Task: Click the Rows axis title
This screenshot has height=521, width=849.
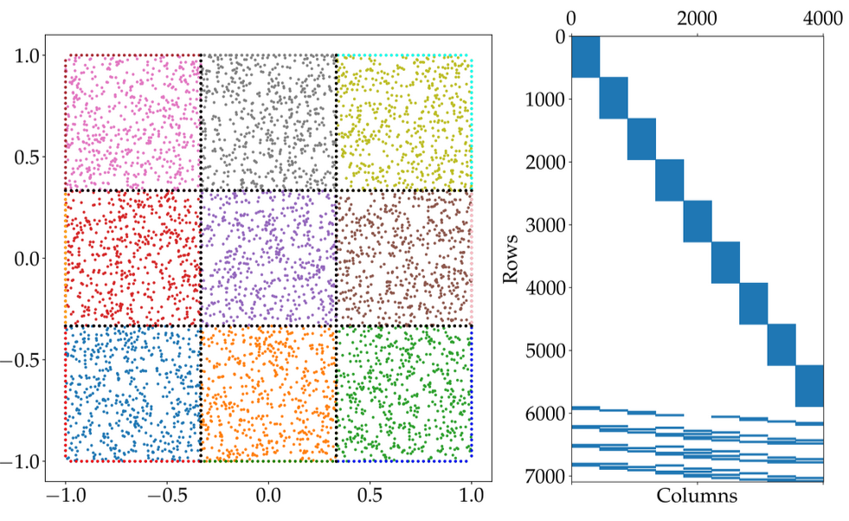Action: point(512,256)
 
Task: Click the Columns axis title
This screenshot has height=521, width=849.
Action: point(697,496)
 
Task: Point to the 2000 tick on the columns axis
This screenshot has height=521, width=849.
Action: point(698,18)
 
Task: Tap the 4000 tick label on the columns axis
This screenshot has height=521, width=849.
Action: point(823,18)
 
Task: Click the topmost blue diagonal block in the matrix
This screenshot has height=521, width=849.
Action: point(586,57)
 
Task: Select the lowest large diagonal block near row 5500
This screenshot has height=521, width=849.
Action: point(809,386)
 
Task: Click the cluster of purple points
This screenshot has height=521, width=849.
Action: point(268,258)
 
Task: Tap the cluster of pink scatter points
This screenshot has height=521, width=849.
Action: point(133,122)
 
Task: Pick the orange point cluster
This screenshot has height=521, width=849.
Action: point(268,393)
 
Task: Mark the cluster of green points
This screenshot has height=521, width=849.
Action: point(403,393)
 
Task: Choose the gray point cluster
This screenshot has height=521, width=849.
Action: point(268,122)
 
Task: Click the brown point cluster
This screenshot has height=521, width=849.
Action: point(403,258)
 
